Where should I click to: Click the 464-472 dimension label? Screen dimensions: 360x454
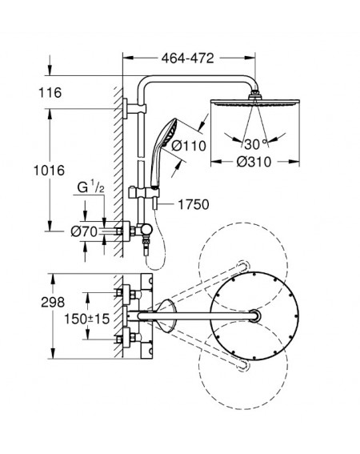(187, 58)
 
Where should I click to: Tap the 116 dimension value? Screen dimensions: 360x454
(50, 93)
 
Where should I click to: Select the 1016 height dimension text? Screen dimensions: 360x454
(49, 171)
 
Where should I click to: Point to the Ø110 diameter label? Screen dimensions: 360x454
(189, 146)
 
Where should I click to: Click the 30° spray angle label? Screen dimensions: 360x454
(255, 144)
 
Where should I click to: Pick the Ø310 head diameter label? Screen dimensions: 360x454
(254, 162)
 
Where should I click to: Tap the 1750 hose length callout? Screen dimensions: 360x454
(194, 204)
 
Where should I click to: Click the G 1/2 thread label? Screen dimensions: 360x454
(90, 187)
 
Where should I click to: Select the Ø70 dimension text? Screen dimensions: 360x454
(84, 231)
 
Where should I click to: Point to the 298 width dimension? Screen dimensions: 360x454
(53, 303)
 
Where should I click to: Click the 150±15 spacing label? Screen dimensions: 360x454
(87, 319)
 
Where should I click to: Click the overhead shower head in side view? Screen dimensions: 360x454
(255, 102)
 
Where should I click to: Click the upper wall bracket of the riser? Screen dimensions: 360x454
(134, 109)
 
